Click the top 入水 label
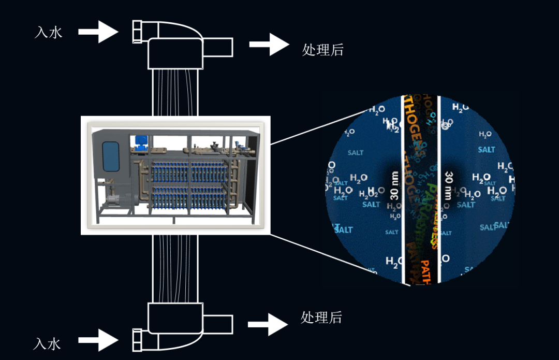[49, 32]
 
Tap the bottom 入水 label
[48, 343]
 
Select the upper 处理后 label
[322, 50]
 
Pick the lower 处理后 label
[321, 317]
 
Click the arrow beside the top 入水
[98, 32]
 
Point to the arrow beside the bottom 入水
[98, 340]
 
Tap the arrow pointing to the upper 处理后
[269, 45]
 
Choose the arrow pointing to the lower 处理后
[268, 324]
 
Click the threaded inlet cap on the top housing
[138, 32]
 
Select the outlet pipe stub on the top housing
[220, 47]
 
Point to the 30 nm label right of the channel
[448, 185]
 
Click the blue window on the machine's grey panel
[111, 156]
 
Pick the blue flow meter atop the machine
[140, 141]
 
